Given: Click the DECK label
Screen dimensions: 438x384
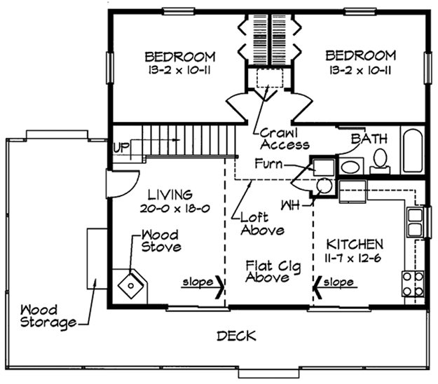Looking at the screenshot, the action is pos(236,336).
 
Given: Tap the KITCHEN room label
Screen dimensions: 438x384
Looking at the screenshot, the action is pos(355,245).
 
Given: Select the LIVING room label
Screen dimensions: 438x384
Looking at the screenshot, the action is pos(170,195).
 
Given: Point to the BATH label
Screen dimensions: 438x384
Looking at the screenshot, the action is pos(369,139).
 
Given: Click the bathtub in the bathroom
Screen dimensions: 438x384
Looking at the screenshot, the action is pos(412,150).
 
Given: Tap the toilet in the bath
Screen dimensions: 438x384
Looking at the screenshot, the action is pos(380,161).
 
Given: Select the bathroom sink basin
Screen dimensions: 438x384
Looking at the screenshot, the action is pos(350,167).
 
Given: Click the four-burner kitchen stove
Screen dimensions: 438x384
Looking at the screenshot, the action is pos(413,284).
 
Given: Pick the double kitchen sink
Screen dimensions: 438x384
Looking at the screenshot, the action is pos(415,222).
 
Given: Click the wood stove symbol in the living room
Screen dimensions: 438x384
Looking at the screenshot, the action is pos(131,285).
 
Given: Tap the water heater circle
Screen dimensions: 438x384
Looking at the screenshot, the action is pos(324,186).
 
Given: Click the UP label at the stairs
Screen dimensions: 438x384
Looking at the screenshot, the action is pos(121,147).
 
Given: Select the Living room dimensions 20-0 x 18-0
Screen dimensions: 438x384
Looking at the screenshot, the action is pos(175,208).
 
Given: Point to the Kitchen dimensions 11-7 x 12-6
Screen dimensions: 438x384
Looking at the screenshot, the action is pos(353,259).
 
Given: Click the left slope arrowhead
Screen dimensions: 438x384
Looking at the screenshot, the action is pos(220,287).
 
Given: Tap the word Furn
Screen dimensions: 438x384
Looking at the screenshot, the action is pos(268,164).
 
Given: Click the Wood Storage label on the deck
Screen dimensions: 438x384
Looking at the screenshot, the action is pos(48,317).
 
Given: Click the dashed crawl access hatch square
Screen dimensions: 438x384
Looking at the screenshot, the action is pos(270,78).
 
